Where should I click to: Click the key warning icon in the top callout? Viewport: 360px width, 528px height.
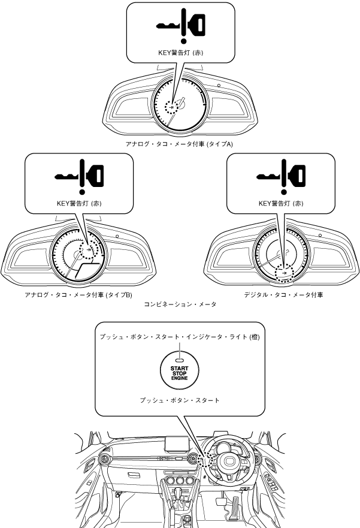coord(180,25)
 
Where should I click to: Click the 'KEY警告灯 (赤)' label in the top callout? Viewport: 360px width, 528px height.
coord(180,53)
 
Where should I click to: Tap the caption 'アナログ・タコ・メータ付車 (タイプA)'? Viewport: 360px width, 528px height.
coord(180,144)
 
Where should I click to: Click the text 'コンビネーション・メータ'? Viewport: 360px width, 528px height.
coord(180,304)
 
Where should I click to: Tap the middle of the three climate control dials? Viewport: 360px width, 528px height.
coord(179,484)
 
